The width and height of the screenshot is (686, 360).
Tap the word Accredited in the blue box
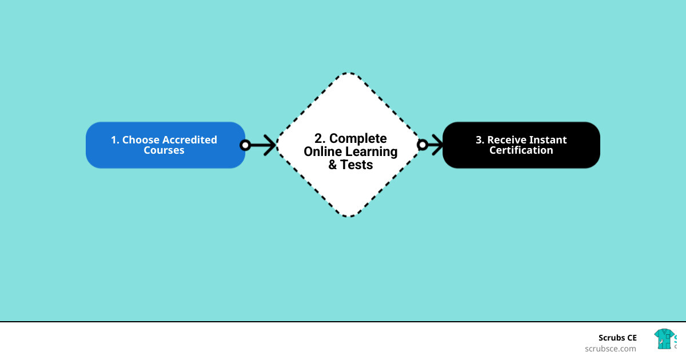coord(190,140)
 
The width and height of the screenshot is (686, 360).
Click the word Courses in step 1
coord(164,151)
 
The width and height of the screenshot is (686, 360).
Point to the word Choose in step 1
coord(141,140)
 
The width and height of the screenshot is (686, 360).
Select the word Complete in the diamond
coord(358,138)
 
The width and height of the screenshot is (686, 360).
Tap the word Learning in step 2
coord(371,151)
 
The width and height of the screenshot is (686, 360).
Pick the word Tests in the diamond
coord(357,165)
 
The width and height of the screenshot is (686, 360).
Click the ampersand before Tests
coord(333,165)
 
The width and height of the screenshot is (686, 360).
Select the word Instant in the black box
coord(548,140)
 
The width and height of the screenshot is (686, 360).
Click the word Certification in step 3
coord(521,151)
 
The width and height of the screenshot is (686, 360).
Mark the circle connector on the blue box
coord(245,145)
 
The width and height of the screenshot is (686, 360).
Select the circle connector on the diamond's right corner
coord(422,145)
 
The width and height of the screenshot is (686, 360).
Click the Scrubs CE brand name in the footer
coord(617,338)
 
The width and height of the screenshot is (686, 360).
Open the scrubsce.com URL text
coord(610,349)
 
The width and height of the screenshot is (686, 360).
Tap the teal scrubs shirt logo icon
coord(664,339)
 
